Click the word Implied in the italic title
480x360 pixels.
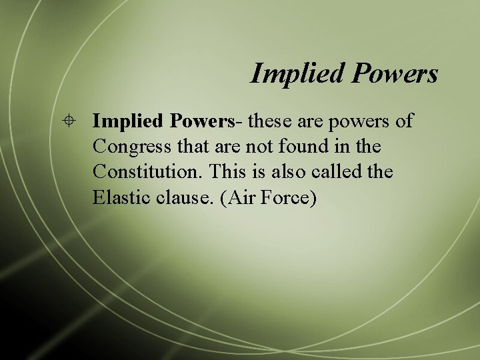(294, 73)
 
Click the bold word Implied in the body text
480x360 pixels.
(129, 122)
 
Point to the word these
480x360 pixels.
(270, 121)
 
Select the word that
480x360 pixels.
(191, 146)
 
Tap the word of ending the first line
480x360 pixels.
(404, 121)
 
